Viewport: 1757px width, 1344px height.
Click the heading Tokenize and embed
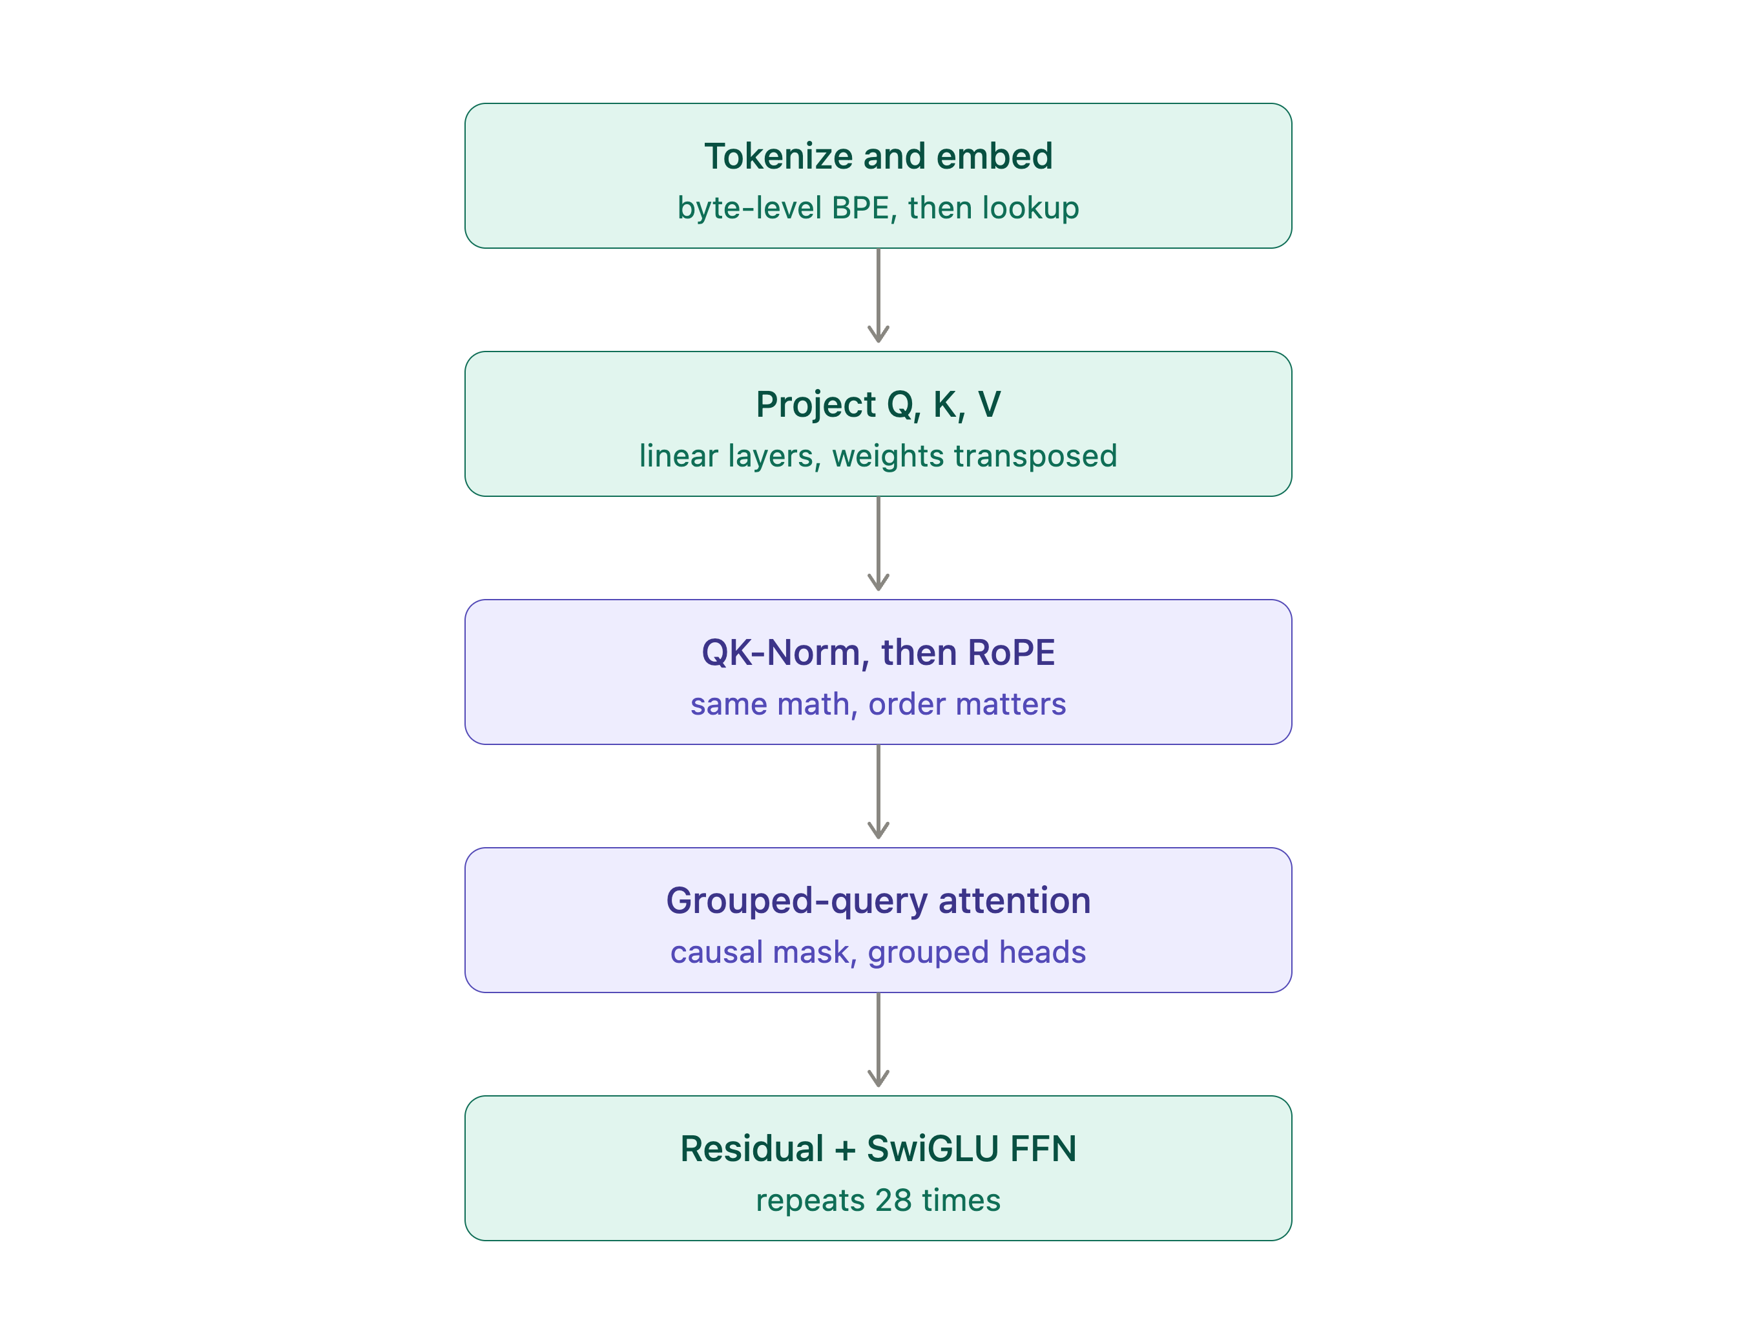(878, 156)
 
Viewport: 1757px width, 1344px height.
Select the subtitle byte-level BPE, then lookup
(878, 208)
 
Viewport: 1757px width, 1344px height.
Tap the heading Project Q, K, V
(878, 404)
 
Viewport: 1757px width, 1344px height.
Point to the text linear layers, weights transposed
(878, 456)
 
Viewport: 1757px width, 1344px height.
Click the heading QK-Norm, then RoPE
(878, 653)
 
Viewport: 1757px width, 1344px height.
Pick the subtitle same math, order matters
(878, 704)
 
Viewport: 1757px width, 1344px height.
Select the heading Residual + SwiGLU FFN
(878, 1149)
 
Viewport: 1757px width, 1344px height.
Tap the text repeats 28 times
(878, 1201)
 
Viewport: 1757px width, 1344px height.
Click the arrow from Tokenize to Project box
(878, 296)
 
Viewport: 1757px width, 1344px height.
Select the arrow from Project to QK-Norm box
(878, 544)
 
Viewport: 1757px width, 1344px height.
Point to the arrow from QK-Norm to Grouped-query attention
(878, 792)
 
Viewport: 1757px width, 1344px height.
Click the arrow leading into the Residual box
(878, 1040)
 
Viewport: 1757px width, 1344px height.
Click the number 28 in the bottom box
(893, 1201)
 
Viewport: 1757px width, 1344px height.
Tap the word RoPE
(1011, 653)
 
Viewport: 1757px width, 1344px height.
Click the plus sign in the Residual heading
(844, 1150)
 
